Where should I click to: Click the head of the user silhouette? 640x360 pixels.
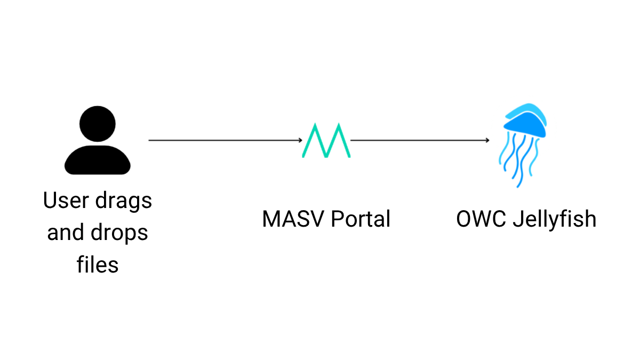click(x=97, y=124)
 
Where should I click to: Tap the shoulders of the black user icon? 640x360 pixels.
click(x=97, y=161)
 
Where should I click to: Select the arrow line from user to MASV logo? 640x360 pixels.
click(x=224, y=140)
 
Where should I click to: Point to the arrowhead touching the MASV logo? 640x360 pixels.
click(x=300, y=140)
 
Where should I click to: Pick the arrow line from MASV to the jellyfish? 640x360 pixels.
click(x=419, y=140)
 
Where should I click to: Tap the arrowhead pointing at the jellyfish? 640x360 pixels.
click(x=487, y=140)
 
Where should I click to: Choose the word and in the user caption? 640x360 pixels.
click(x=66, y=233)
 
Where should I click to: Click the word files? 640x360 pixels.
click(x=97, y=265)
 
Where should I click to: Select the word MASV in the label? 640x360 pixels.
click(x=293, y=219)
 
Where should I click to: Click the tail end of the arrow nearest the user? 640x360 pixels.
click(x=150, y=140)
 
